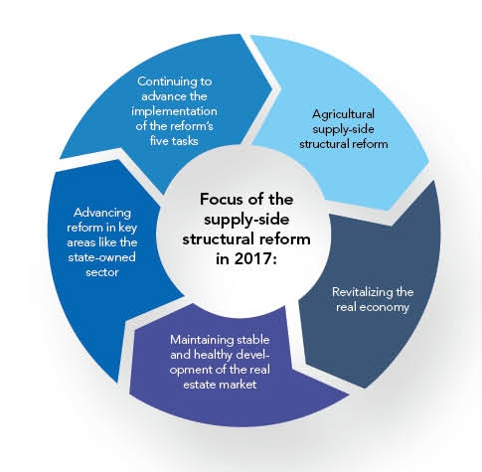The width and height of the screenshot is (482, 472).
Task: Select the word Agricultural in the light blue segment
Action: pyautogui.click(x=343, y=114)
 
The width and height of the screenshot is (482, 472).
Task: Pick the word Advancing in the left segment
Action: pyautogui.click(x=102, y=213)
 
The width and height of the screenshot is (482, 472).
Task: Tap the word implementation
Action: pyautogui.click(x=174, y=111)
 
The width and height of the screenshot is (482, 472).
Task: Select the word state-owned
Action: pyautogui.click(x=102, y=257)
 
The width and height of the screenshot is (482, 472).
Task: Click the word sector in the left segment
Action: pyautogui.click(x=102, y=272)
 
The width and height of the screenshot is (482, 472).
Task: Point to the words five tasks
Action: pyautogui.click(x=174, y=141)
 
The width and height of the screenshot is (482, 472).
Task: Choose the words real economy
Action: pyautogui.click(x=373, y=307)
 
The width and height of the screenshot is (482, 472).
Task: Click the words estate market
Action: pyautogui.click(x=220, y=385)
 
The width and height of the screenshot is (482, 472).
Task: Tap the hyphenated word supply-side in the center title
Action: pyautogui.click(x=246, y=221)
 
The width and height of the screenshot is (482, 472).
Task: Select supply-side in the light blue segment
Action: pyautogui.click(x=343, y=129)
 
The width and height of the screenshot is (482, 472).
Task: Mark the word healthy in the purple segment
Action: pyautogui.click(x=213, y=355)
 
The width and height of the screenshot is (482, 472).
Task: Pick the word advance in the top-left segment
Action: pyautogui.click(x=159, y=96)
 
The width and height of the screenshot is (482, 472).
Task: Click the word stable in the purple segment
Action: pyautogui.click(x=253, y=340)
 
